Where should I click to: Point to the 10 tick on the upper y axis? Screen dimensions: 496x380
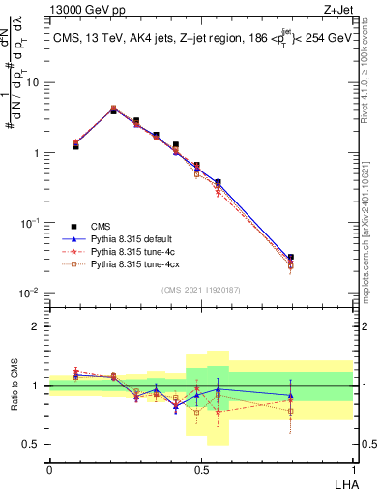coord(35,82)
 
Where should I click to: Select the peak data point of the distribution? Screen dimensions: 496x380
coord(113,109)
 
